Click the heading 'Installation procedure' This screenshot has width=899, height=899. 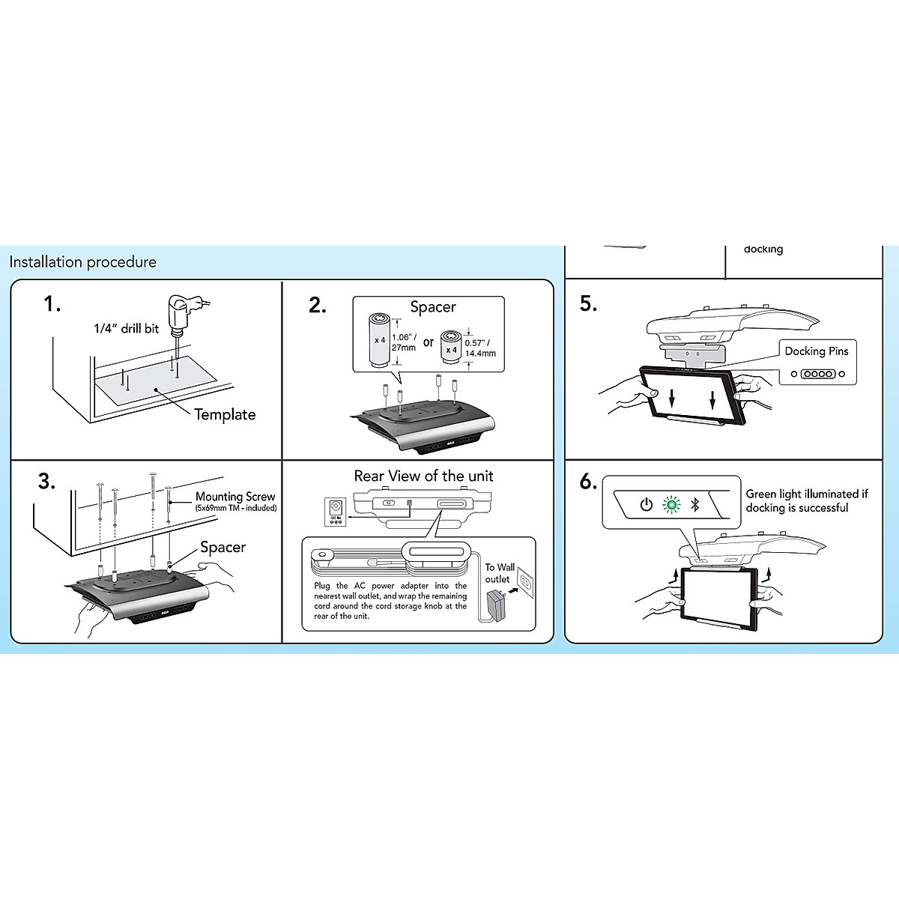tap(82, 262)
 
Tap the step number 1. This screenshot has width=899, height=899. tap(52, 304)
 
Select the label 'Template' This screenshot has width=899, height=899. tap(225, 414)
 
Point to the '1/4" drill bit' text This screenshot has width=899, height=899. tap(127, 328)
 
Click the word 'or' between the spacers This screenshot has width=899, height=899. tap(429, 342)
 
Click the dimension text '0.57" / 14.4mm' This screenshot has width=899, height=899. tap(480, 348)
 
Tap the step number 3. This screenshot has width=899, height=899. tap(46, 481)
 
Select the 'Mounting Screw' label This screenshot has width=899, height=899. tap(235, 497)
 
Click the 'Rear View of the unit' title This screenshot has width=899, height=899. tap(423, 476)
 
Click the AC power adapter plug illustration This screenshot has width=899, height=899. tap(496, 603)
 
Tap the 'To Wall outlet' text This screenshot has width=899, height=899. tap(499, 573)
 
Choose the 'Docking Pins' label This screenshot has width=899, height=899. tap(817, 351)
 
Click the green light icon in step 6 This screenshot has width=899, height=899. tap(671, 504)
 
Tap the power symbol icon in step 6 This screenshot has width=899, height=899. tap(646, 504)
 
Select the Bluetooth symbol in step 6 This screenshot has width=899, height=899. tap(694, 504)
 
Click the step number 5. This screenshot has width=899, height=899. tap(588, 303)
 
